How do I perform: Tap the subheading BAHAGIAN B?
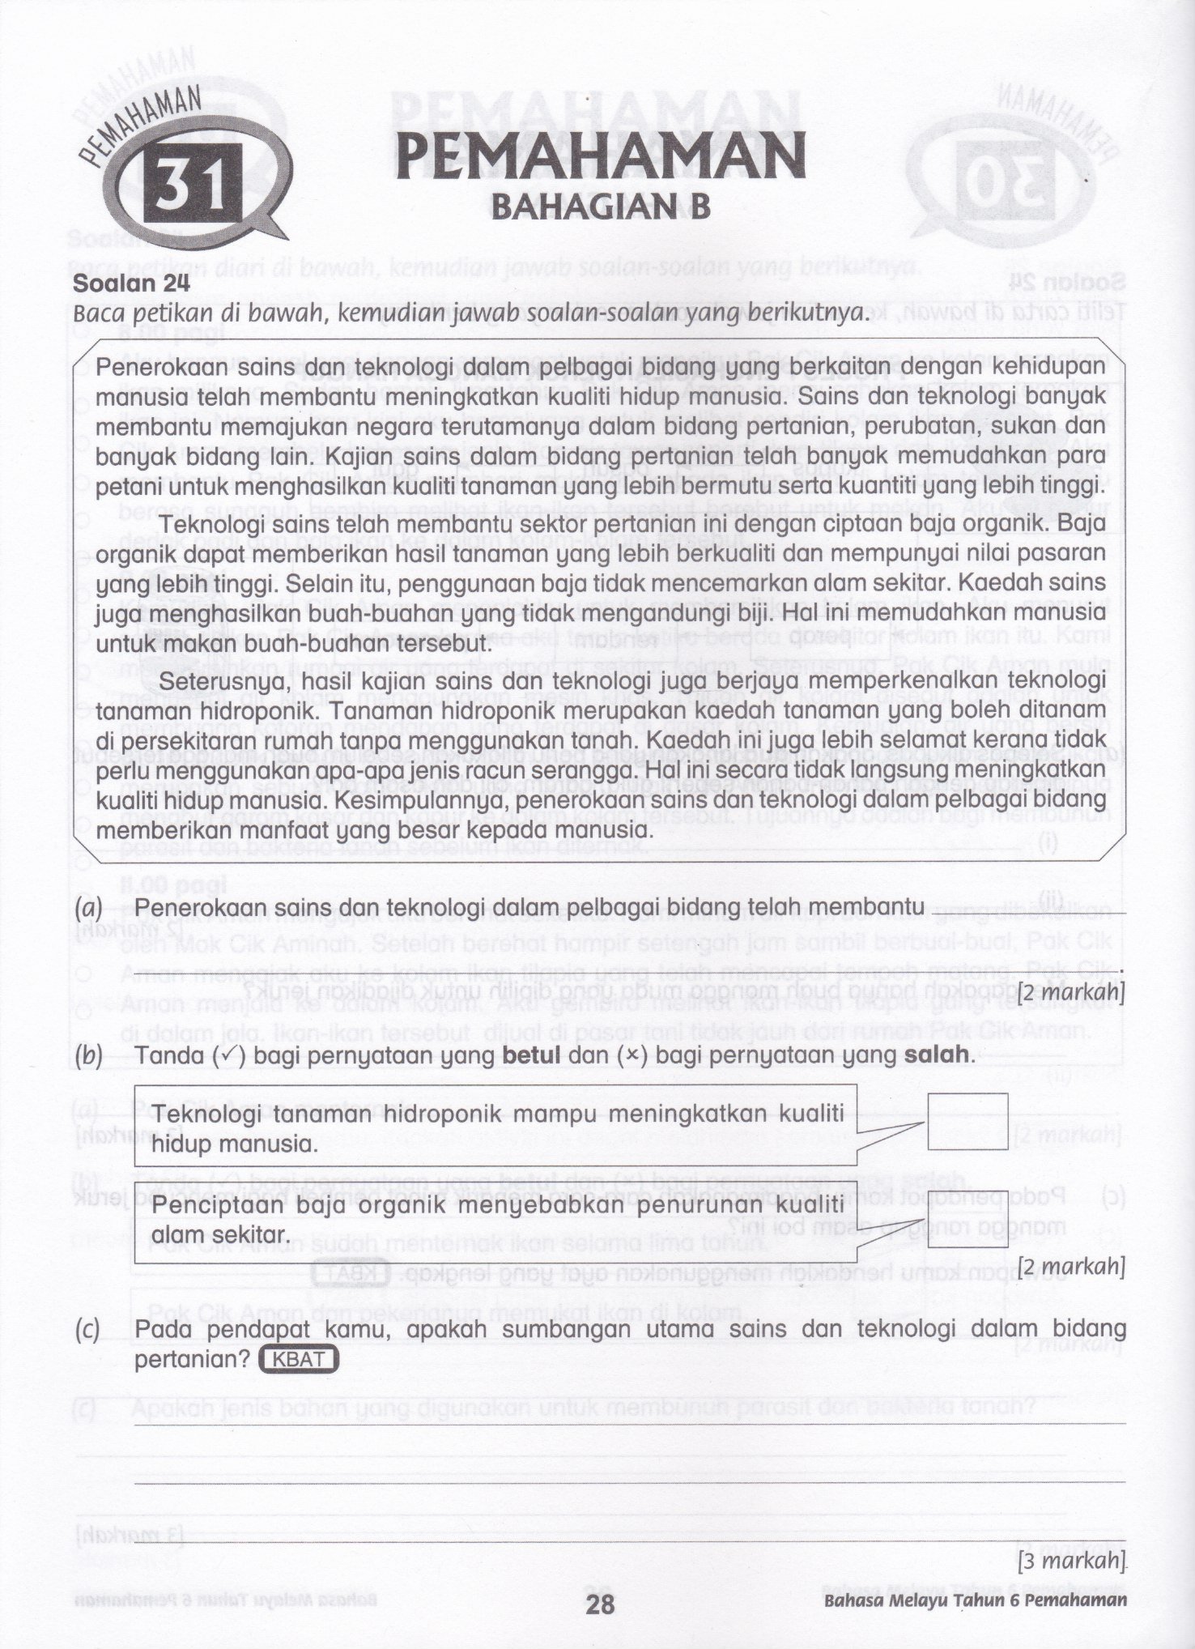coord(601,207)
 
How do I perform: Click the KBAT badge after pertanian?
coord(298,1359)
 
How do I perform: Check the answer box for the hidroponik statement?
coord(967,1121)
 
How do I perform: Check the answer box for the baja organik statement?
coord(967,1218)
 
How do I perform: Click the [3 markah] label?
coord(1073,1559)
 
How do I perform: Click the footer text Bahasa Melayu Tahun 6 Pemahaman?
coord(975,1600)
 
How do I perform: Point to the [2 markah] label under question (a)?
coord(1073,991)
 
